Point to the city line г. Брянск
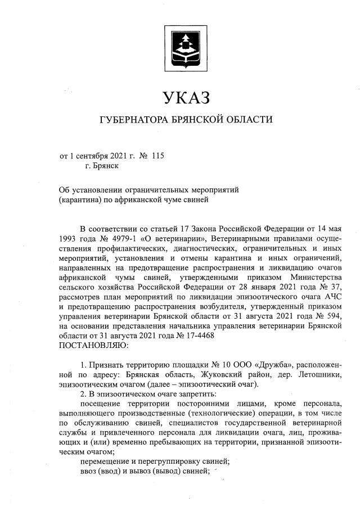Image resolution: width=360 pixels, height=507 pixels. (102, 166)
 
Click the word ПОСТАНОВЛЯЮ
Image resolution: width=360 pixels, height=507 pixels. (93, 345)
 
